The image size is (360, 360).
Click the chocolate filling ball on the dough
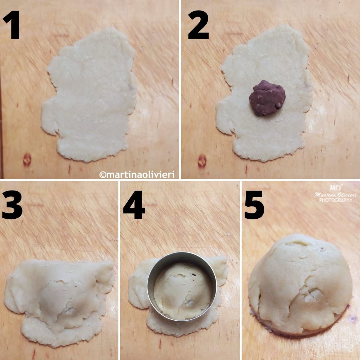coord(267,98)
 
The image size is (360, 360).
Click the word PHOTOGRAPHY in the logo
coord(335,200)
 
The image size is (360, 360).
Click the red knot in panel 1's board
coord(27,160)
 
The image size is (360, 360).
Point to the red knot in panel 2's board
coord(202,161)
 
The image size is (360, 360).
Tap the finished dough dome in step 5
coord(299,285)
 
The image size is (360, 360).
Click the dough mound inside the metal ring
coord(183,290)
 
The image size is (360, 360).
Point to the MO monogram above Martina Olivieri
coord(333,187)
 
